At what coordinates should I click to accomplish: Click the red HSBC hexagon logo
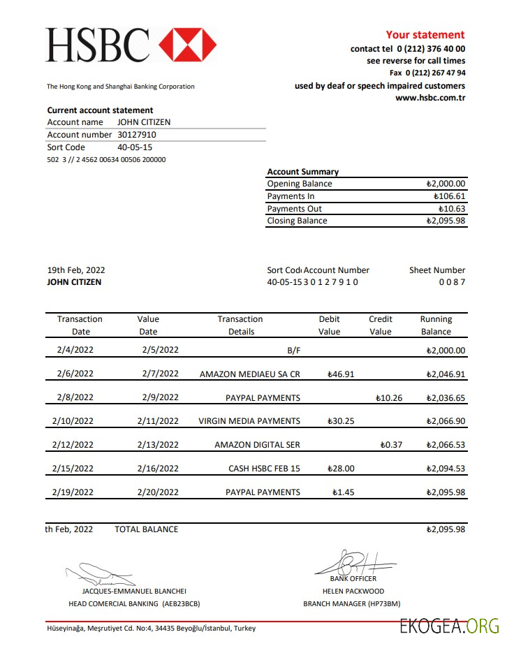pos(188,45)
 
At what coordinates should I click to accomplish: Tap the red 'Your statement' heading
pos(425,35)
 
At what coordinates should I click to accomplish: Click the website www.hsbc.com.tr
pos(430,98)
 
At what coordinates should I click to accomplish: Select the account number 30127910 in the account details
pos(137,135)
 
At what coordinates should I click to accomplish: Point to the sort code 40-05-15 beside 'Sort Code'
pos(135,147)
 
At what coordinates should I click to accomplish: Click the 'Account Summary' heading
pos(302,172)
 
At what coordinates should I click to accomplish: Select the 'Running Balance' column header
pos(436,325)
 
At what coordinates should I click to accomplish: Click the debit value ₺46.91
pos(341,374)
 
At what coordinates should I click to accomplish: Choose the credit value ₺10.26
pos(389,398)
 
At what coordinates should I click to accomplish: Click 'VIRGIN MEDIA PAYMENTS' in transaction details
pos(249,421)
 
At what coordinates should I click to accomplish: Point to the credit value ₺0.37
pos(391,445)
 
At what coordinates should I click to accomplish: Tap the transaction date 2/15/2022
pos(73,469)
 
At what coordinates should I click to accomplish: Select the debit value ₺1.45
pos(343,492)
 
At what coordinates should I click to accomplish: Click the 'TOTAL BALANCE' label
pos(146,529)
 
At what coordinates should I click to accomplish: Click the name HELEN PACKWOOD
pos(353,591)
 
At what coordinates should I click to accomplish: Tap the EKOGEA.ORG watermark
pos(449,626)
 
